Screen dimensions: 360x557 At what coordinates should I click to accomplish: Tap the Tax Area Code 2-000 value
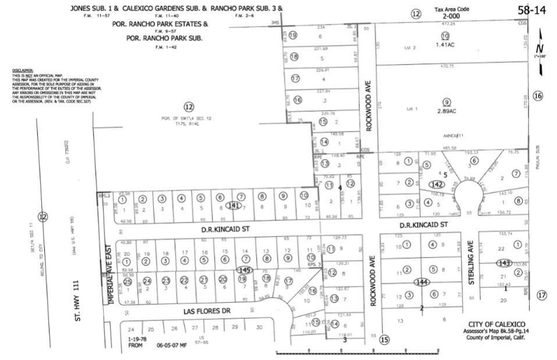pos(451,17)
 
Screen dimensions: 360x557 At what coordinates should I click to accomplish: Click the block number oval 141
pos(234,205)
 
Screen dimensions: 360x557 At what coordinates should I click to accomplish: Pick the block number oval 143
pos(504,263)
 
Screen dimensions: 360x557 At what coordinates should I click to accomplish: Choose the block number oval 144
pos(422,282)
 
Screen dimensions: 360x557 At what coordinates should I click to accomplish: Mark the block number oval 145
pos(245,270)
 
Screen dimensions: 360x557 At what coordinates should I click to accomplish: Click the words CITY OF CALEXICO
pos(496,324)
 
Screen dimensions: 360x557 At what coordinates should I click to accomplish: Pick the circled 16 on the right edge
pos(538,96)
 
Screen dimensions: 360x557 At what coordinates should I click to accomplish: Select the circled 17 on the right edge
pos(542,295)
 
